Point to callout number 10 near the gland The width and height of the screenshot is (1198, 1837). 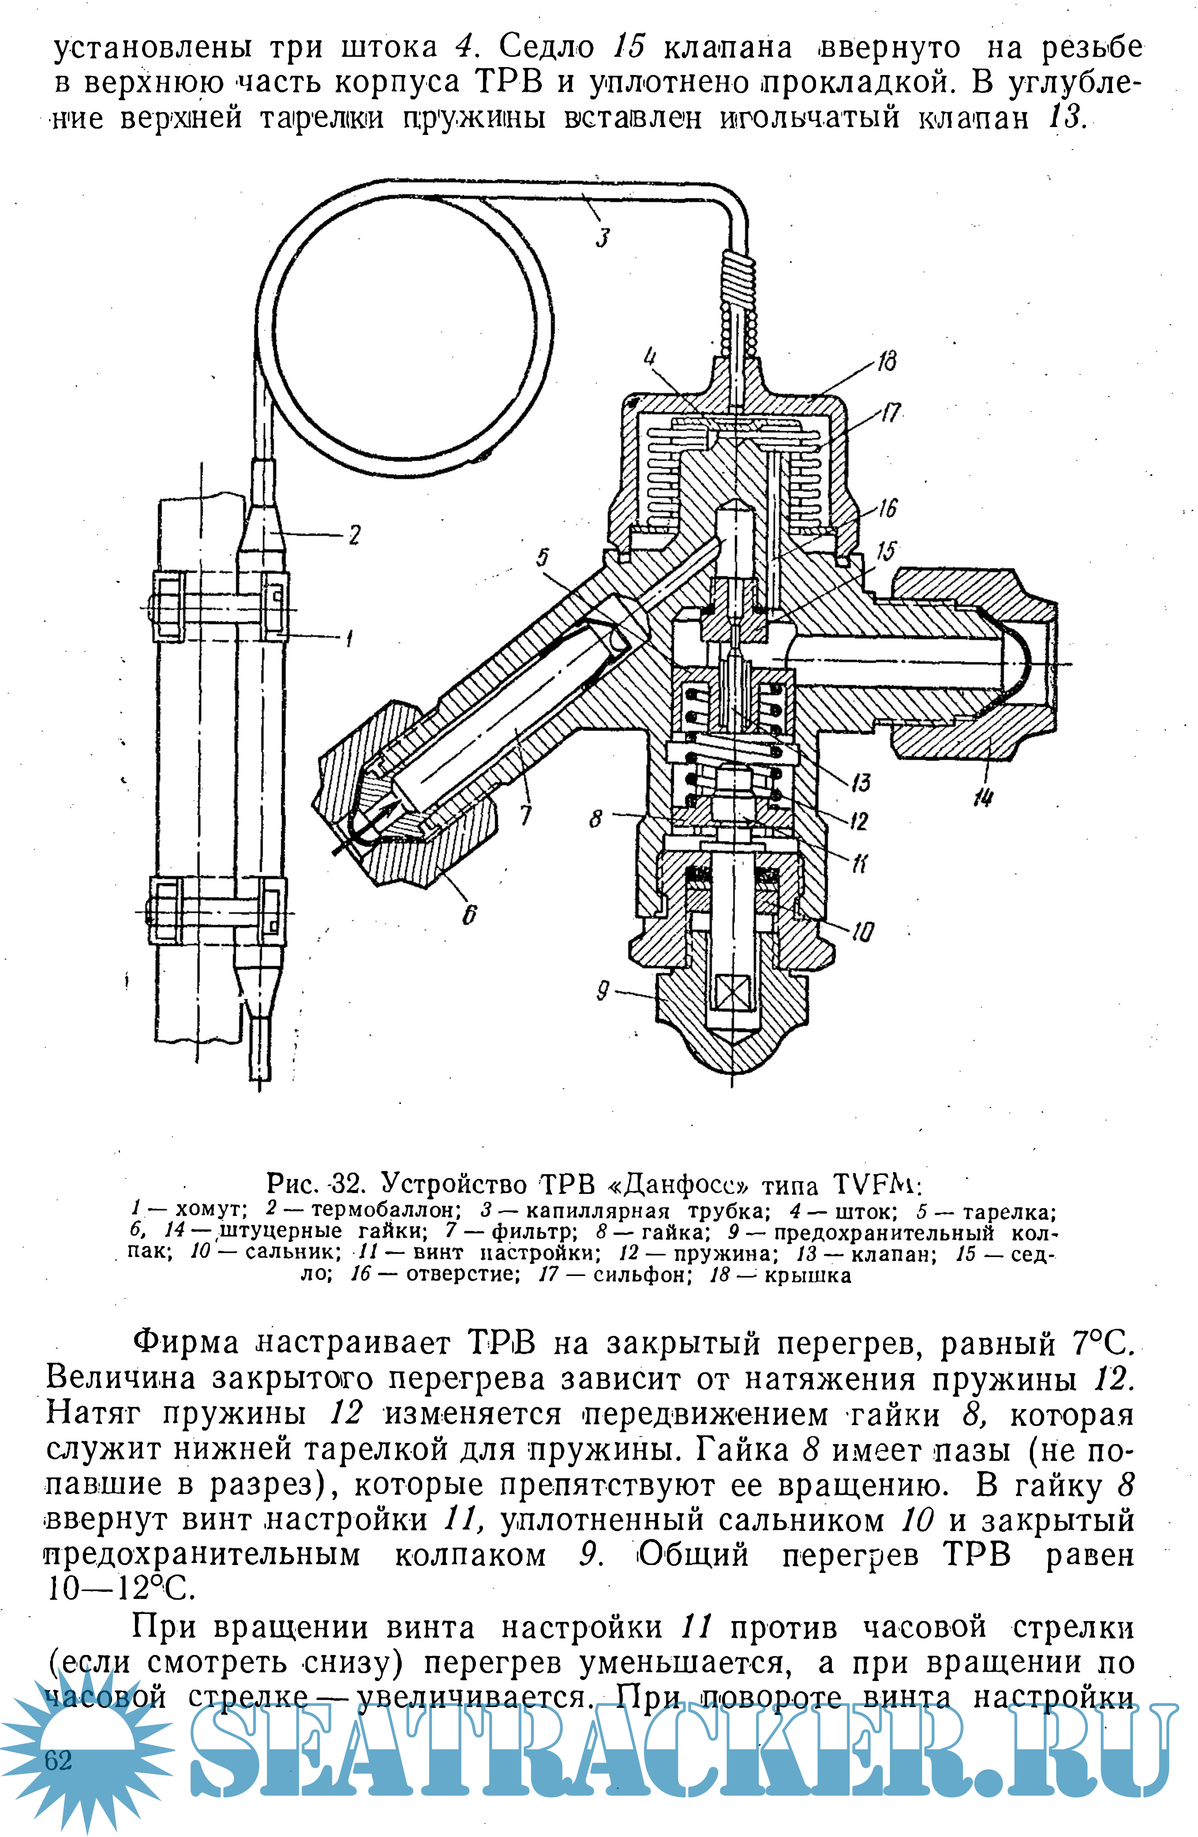click(x=862, y=932)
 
